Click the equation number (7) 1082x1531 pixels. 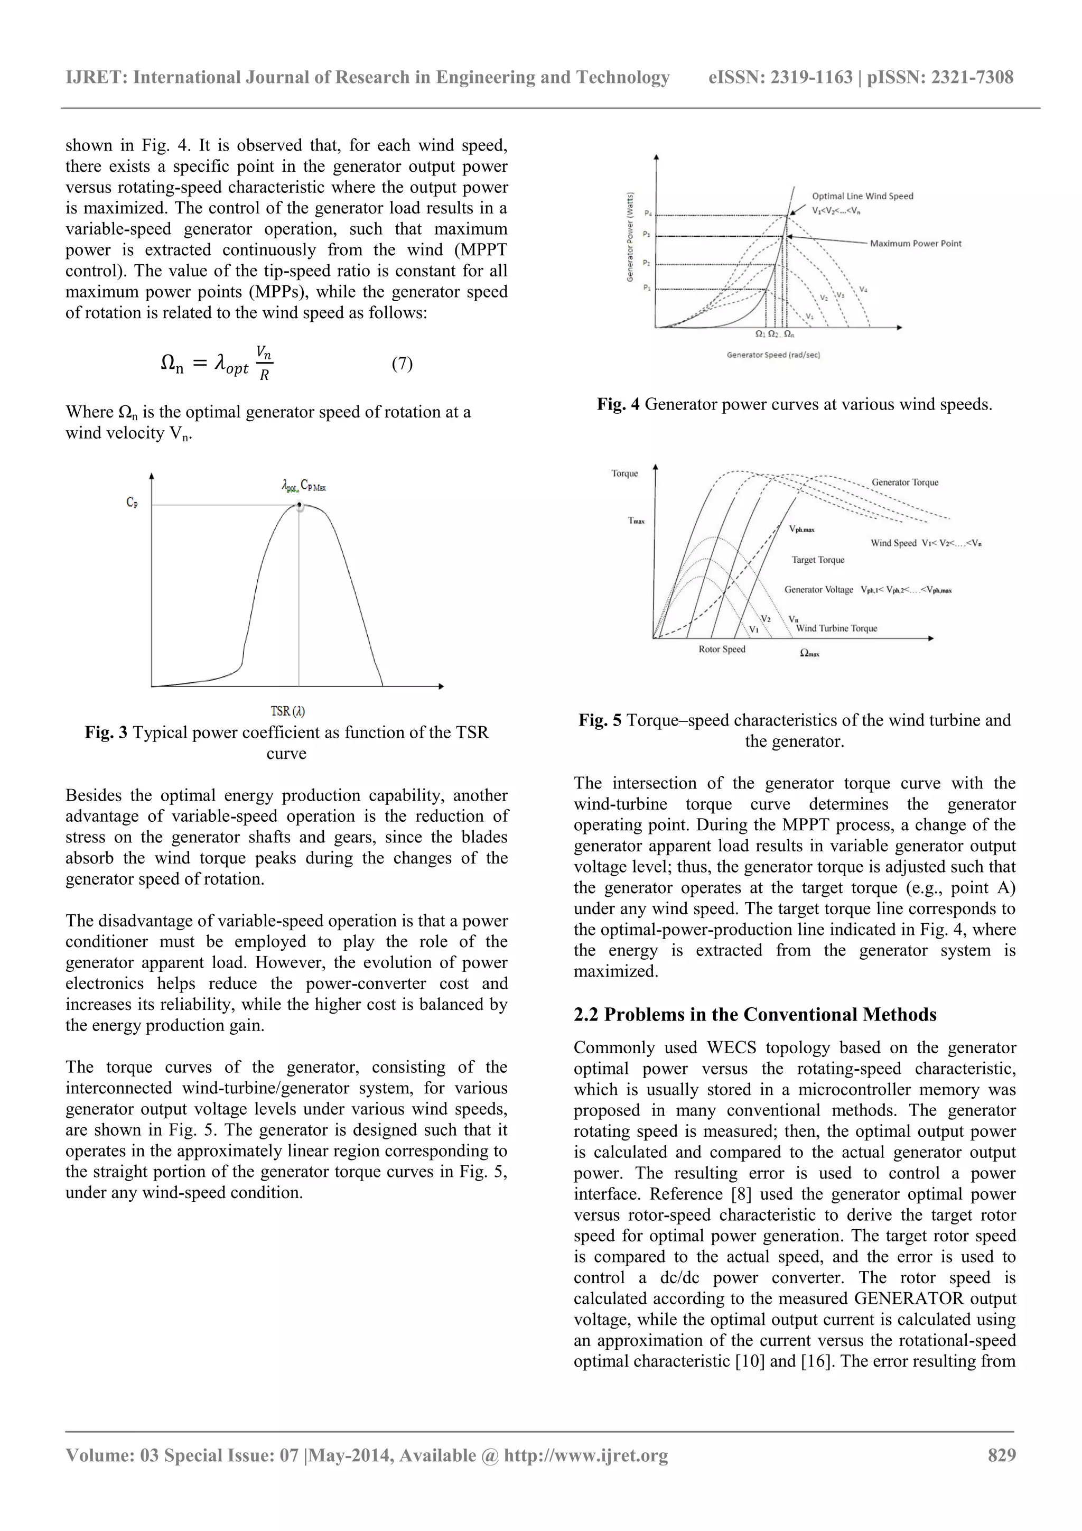click(x=402, y=364)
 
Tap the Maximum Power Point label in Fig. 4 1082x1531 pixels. click(x=916, y=244)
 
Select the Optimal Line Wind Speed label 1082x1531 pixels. click(x=862, y=196)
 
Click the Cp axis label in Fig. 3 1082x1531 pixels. click(x=132, y=503)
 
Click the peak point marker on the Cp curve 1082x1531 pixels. click(x=300, y=505)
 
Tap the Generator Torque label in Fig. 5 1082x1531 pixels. click(x=904, y=482)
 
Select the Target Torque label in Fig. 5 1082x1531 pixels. click(x=817, y=560)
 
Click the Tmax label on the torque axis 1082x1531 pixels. click(x=636, y=521)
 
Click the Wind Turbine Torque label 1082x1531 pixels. click(x=837, y=628)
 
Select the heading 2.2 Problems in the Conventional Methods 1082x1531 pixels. click(x=754, y=1014)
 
